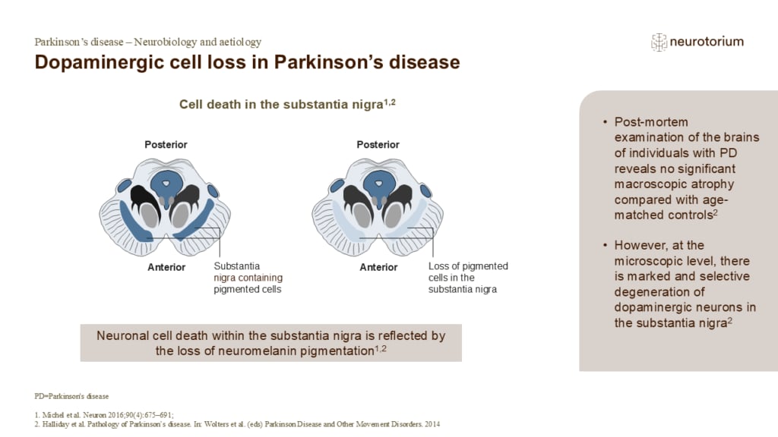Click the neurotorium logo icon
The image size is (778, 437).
pos(658,42)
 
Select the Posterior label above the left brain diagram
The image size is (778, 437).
pos(166,145)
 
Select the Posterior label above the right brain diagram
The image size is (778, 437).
pos(378,145)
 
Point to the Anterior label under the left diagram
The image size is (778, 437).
pos(166,267)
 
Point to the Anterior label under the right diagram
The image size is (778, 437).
pos(378,267)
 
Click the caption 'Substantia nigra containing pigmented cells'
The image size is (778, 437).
pos(248,278)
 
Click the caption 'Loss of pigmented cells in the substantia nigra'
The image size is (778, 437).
pos(468,278)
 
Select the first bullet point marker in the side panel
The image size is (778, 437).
pos(605,122)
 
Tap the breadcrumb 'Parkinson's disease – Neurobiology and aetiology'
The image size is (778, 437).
pos(148,42)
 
